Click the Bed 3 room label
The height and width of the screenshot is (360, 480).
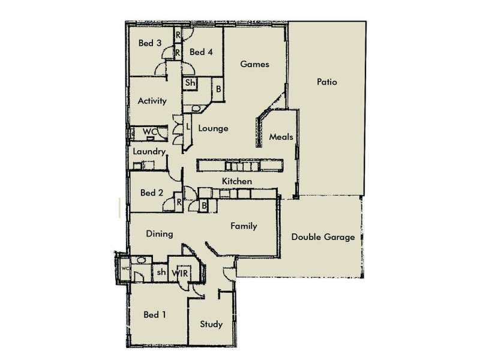pos(150,43)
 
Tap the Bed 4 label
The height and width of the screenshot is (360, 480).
pos(201,52)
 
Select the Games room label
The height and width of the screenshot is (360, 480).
pos(255,64)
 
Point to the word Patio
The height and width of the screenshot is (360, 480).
pos(328,82)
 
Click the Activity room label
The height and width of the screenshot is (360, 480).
pos(152,101)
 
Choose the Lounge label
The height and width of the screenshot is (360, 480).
pos(213,128)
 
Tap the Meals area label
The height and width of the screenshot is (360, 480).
pos(281,137)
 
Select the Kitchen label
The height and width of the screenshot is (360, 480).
pos(236,181)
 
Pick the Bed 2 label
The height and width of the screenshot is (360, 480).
pos(152,193)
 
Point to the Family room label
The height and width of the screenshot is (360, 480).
pos(244,226)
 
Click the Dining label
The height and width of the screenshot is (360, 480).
pos(159,234)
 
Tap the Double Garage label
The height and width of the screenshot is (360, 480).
pos(323,237)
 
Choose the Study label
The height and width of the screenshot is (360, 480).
pos(211,325)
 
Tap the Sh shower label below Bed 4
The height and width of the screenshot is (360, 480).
pos(190,83)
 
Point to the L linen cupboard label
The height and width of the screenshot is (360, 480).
pos(188,127)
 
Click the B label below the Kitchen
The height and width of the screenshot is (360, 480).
pos(204,206)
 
